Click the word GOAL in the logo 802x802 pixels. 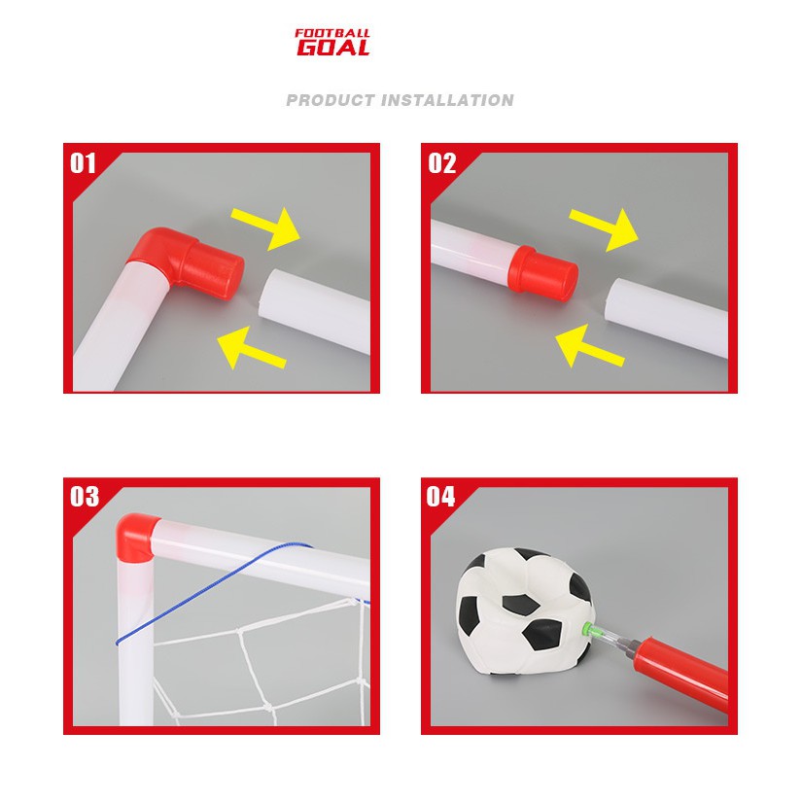coord(333,48)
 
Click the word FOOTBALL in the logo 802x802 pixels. coord(332,33)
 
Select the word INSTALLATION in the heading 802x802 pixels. coord(447,100)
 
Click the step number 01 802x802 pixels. coord(83,163)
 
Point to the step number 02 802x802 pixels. coord(442,163)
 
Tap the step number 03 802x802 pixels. coord(85,497)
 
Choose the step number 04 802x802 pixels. coord(441,497)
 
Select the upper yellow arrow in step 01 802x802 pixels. coord(265,228)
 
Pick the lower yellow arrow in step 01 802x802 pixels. coord(251,348)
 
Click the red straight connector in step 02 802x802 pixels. coord(543,273)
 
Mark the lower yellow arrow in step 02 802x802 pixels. coord(590,346)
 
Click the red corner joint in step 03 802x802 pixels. coord(135,537)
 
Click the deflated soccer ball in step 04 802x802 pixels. coord(524,611)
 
